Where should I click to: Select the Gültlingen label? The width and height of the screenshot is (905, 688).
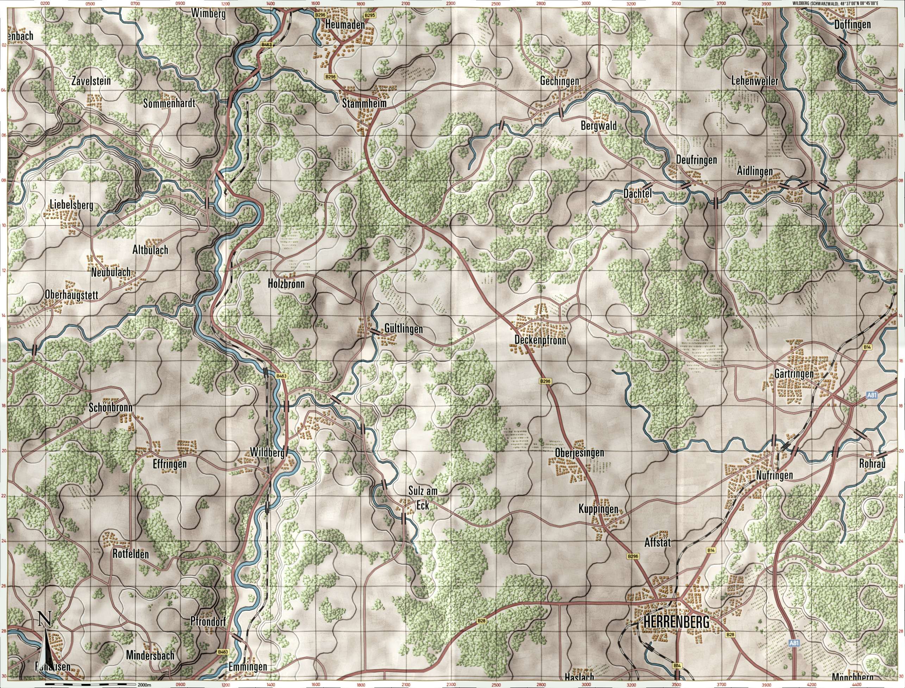click(403, 329)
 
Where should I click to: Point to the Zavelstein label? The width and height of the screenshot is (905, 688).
click(91, 80)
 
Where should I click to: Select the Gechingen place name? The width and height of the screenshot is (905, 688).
click(560, 81)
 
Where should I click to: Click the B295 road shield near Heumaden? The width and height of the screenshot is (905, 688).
click(369, 15)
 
